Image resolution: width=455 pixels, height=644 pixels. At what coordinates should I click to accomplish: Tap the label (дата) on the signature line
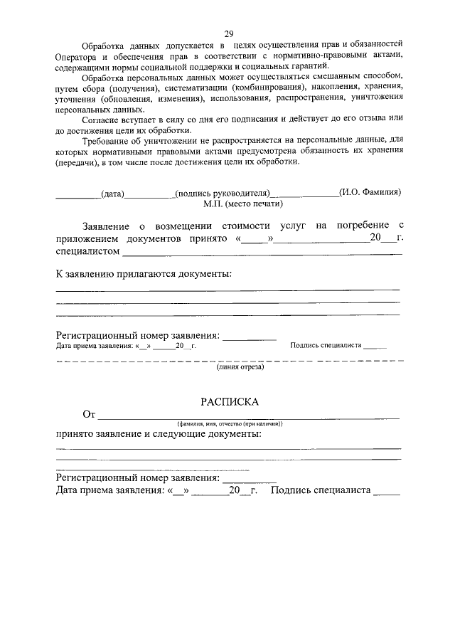pyautogui.click(x=113, y=192)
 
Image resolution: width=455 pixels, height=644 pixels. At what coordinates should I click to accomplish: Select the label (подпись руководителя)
pyautogui.click(x=223, y=192)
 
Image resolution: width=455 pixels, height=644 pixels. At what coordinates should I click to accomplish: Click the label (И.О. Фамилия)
pyautogui.click(x=370, y=191)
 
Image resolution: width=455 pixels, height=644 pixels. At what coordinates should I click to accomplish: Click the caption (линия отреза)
pyautogui.click(x=240, y=367)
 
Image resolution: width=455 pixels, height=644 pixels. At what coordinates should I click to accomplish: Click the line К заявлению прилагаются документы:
pyautogui.click(x=144, y=274)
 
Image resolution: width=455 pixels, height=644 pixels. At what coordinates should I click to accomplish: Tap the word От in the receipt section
pyautogui.click(x=89, y=414)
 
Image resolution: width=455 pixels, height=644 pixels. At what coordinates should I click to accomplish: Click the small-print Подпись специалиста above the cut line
pyautogui.click(x=325, y=346)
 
